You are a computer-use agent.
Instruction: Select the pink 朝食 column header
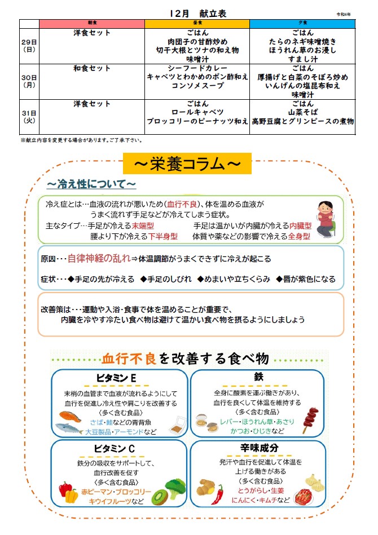point(91,24)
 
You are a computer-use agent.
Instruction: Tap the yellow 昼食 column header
point(197,24)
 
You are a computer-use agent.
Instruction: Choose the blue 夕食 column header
point(302,24)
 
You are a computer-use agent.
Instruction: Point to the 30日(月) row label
point(29,81)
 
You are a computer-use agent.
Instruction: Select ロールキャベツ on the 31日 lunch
point(197,113)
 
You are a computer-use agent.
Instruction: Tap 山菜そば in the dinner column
point(303,113)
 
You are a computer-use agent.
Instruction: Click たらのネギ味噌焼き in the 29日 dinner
point(303,42)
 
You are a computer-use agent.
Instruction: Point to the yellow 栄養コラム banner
point(187,163)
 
